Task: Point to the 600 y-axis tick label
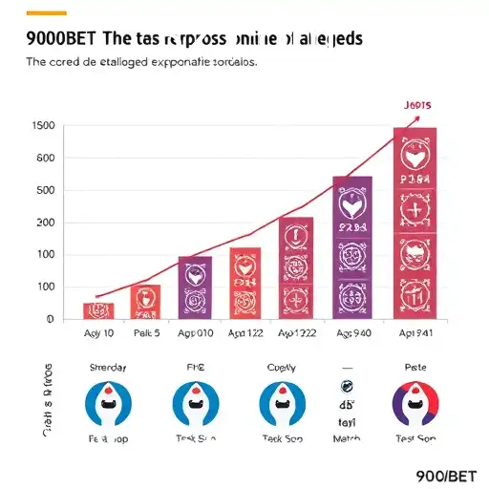click(44, 159)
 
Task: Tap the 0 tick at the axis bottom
click(49, 319)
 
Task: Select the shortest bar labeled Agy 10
click(98, 309)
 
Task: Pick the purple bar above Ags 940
click(352, 247)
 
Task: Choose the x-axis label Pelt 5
click(146, 334)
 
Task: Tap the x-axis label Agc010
click(196, 334)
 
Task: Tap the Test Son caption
click(415, 437)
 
